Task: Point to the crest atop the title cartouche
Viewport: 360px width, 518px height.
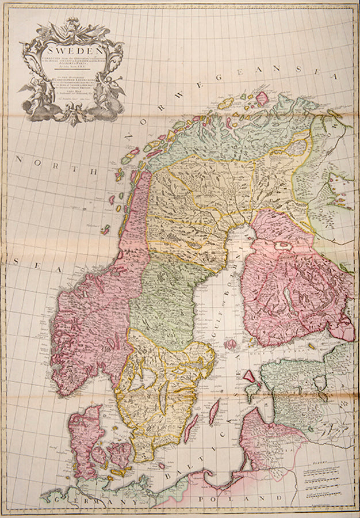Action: (x=72, y=25)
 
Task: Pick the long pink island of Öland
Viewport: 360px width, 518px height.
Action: (x=213, y=411)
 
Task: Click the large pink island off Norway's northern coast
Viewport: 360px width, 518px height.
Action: (x=262, y=96)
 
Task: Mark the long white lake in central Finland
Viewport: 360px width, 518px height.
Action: (x=287, y=299)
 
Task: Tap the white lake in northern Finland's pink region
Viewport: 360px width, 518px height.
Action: (x=282, y=246)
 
